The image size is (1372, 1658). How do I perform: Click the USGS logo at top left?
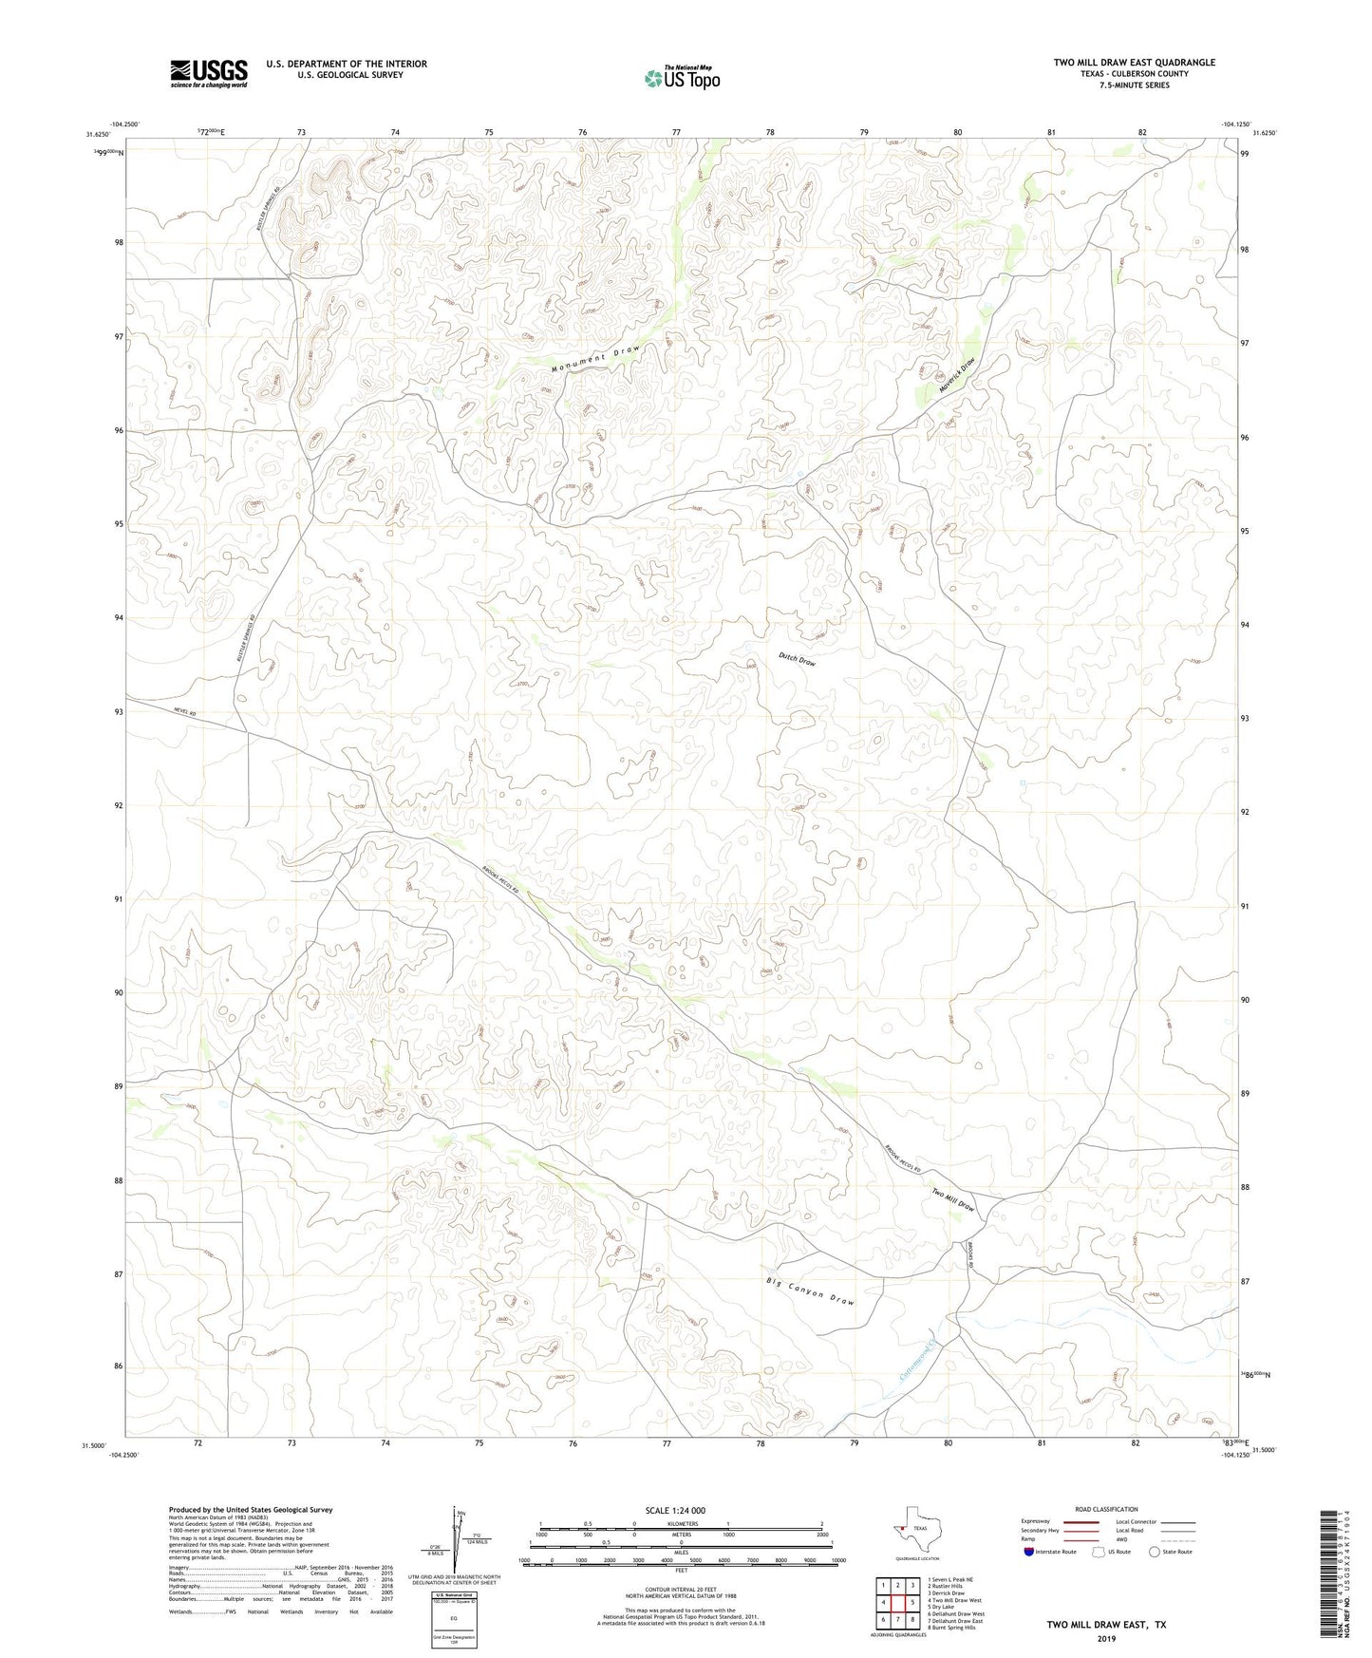point(209,73)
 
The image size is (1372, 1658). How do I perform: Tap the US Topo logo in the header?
point(682,78)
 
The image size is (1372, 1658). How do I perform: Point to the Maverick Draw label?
point(957,376)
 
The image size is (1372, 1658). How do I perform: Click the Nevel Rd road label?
point(184,712)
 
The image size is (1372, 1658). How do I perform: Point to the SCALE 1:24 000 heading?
point(674,1510)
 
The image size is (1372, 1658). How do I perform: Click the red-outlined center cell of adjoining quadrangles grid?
point(897,1602)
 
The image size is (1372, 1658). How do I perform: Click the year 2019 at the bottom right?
point(1106,1639)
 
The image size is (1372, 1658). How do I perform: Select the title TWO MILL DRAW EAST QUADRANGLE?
point(1134,63)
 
